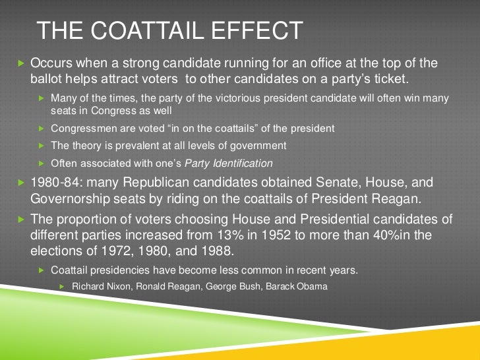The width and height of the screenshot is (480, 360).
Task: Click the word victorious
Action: (219, 98)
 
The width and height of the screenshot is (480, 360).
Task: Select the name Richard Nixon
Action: (100, 286)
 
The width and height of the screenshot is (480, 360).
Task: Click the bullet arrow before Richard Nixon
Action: (63, 286)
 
